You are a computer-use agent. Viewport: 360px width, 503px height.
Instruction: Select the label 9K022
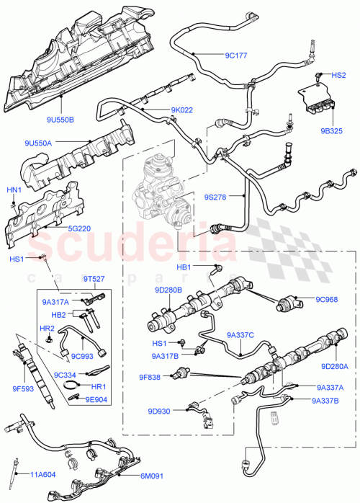182,110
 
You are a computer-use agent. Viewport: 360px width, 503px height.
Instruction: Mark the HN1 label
14,190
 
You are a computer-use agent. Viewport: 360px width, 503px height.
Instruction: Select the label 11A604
44,473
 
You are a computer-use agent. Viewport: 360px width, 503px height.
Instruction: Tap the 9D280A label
334,366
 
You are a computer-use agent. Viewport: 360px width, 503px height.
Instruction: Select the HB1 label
184,267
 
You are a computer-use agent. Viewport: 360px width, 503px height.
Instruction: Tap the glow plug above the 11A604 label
16,464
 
